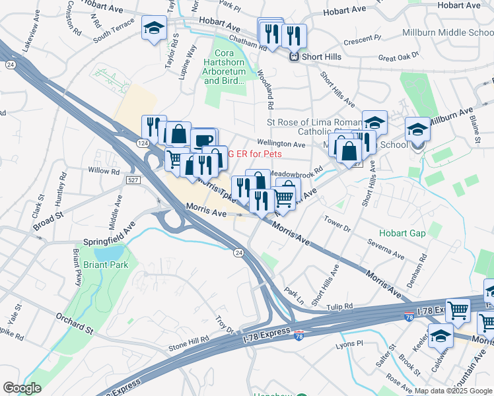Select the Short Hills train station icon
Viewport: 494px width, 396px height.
294,57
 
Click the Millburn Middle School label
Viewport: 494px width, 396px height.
447,32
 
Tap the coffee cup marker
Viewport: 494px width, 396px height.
203,140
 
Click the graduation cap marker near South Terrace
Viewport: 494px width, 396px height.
155,29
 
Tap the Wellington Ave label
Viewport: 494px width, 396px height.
281,143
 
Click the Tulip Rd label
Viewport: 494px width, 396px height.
339,306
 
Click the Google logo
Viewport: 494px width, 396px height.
22,389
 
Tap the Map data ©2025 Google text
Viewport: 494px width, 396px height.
453,391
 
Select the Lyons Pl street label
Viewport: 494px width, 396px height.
350,344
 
